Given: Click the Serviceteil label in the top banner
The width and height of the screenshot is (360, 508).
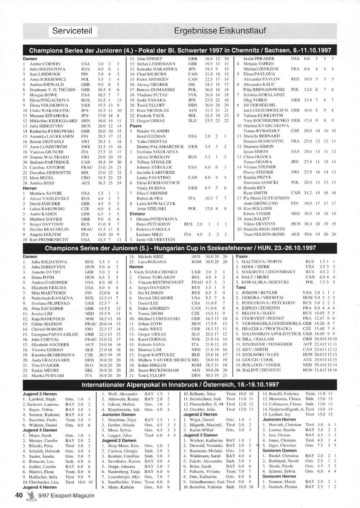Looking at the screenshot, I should pyautogui.click(x=73, y=31).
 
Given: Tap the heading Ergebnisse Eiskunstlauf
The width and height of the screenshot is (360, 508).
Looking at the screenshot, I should pyautogui.click(x=220, y=31).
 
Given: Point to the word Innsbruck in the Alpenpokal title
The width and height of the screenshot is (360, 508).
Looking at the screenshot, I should pyautogui.click(x=182, y=385).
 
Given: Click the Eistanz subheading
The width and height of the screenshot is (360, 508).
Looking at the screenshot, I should pyautogui.click(x=137, y=214).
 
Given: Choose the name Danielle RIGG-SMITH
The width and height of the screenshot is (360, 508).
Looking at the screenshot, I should pyautogui.click(x=264, y=229).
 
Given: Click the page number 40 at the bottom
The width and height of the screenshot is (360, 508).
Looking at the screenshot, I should pyautogui.click(x=19, y=495).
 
